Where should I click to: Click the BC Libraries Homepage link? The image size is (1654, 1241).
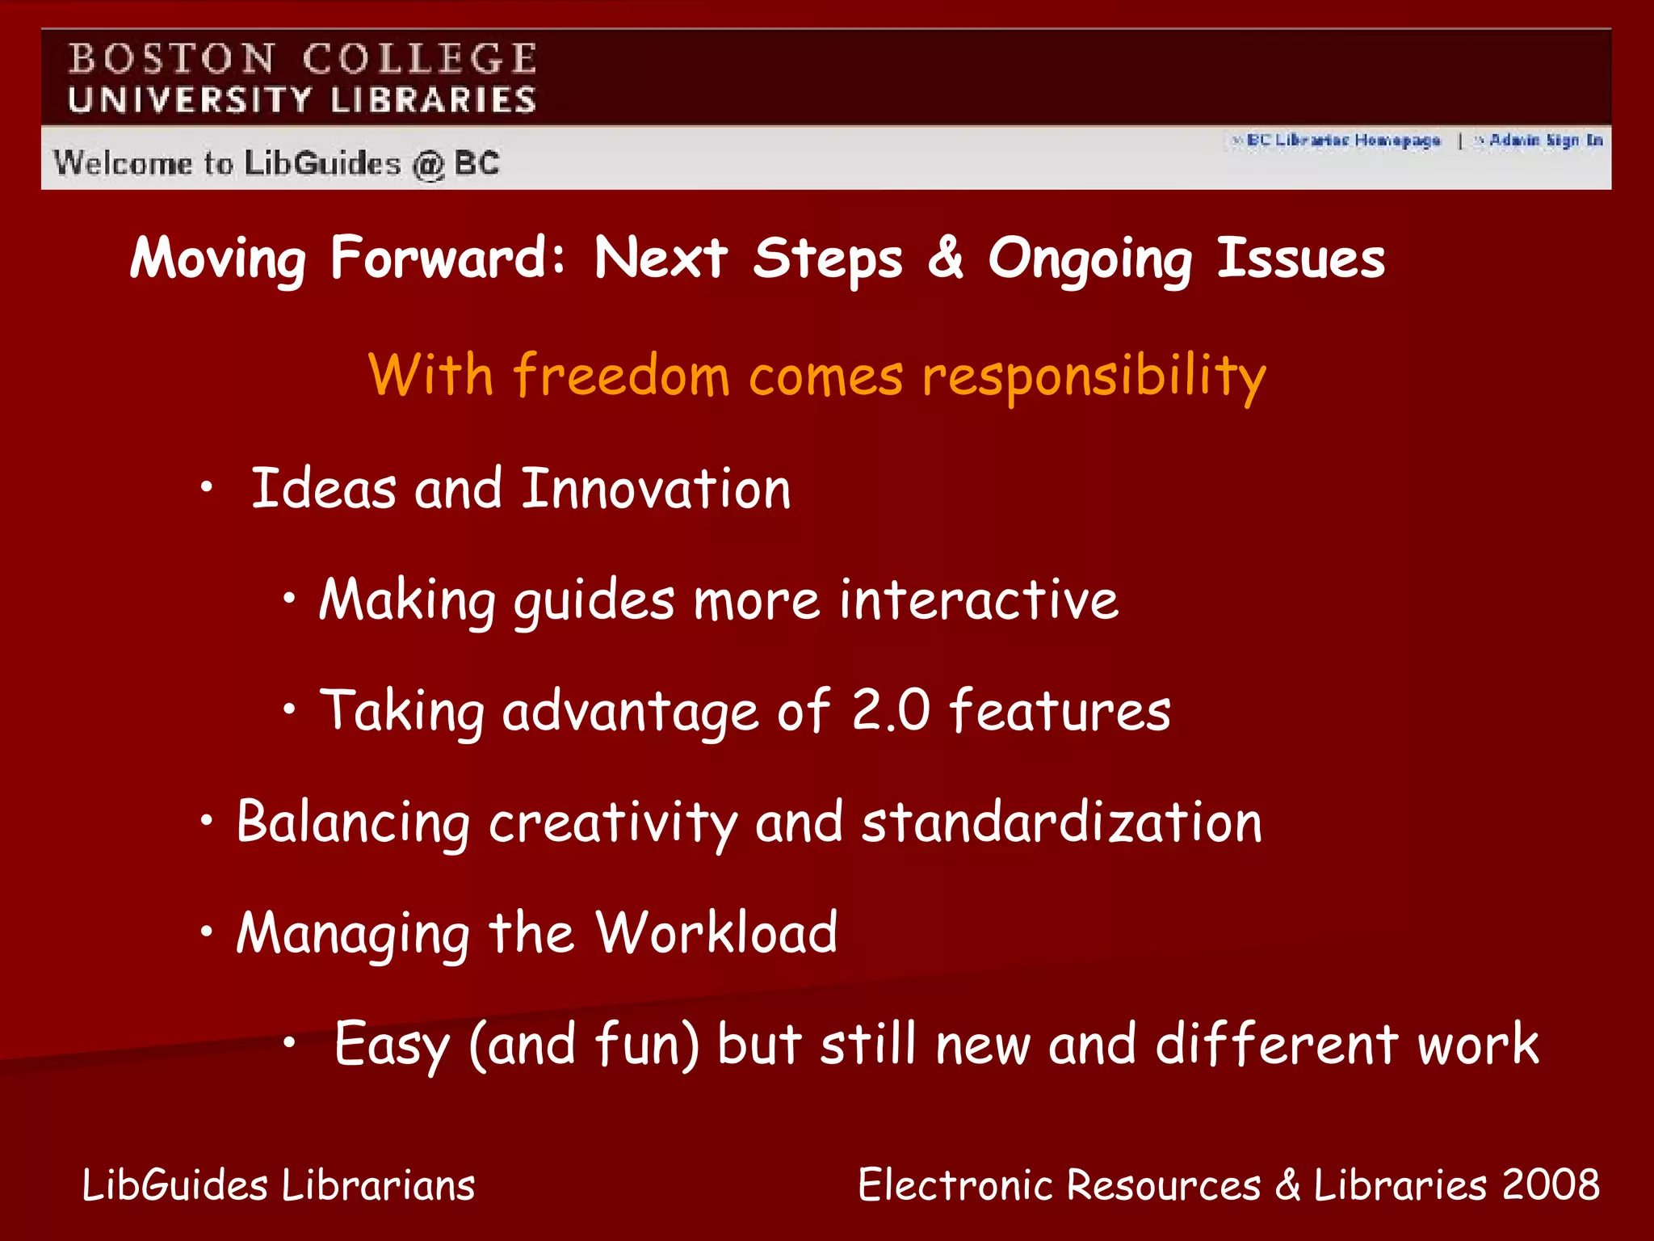coord(1343,141)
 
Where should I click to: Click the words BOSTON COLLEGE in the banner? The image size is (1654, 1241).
coord(302,59)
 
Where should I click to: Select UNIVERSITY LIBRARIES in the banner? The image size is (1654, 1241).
coord(302,100)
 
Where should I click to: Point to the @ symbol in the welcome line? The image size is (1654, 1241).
coord(428,165)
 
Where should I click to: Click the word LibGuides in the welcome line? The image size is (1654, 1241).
coord(322,163)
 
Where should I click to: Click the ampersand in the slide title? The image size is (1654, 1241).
coord(946,258)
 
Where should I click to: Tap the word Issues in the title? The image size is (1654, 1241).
coord(1301,258)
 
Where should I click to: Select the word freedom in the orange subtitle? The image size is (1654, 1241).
coord(621,376)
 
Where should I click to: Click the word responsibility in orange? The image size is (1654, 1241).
coord(1094,377)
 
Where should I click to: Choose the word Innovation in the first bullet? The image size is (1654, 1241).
coord(656,489)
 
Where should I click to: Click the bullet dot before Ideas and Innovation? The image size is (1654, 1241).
coord(208,487)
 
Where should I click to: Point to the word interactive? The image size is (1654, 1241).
coord(979,599)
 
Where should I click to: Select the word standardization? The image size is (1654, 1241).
coord(1061,822)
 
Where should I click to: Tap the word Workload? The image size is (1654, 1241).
coord(716,933)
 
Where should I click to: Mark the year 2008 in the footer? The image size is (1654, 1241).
coord(1551,1185)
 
